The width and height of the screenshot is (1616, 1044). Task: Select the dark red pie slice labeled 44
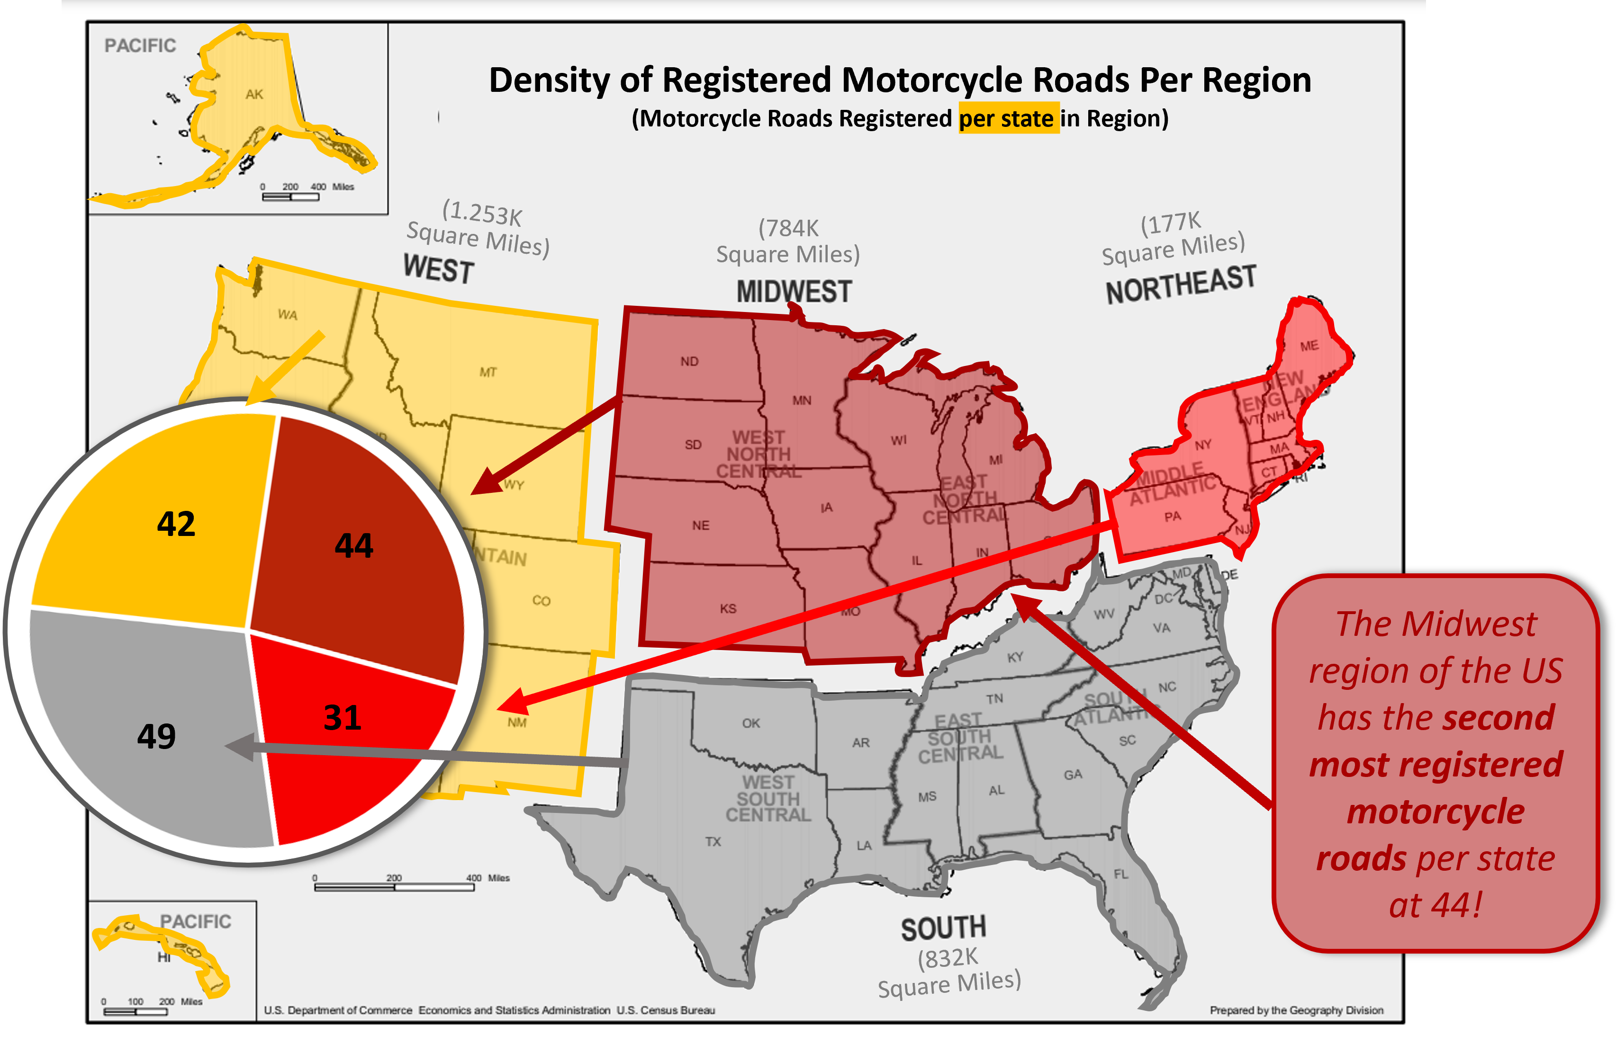[354, 546]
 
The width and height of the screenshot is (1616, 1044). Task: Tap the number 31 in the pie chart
[343, 718]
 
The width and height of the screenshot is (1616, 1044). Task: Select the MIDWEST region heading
[794, 292]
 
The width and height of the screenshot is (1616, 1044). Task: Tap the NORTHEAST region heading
[1181, 285]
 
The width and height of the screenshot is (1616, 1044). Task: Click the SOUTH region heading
[943, 928]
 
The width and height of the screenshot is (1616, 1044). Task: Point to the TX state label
[713, 841]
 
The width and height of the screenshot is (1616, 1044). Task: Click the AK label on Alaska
[254, 94]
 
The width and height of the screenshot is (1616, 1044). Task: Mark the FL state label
[1121, 874]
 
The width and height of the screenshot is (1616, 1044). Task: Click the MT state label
[488, 372]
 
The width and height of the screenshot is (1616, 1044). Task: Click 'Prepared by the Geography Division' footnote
[1296, 1010]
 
